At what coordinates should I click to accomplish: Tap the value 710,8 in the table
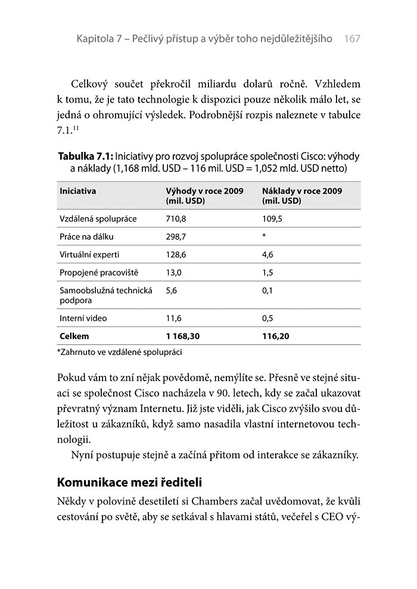point(176,219)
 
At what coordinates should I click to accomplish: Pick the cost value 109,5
point(272,219)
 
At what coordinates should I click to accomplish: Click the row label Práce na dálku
point(87,236)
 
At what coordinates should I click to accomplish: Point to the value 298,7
point(176,236)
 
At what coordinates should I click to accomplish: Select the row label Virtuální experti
point(89,254)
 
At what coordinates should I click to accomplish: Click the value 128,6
point(176,254)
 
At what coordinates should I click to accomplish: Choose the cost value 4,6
point(267,254)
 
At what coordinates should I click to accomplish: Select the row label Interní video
point(83,318)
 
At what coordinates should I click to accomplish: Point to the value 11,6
point(174,318)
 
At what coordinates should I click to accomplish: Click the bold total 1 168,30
point(183,336)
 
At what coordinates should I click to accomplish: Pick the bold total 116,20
point(275,336)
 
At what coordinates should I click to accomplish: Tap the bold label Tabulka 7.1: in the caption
point(86,156)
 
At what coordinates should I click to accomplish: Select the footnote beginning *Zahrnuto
point(119,352)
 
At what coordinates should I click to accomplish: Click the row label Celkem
point(74,336)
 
